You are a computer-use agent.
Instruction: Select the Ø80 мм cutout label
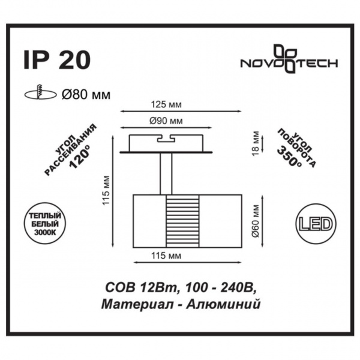click(x=86, y=93)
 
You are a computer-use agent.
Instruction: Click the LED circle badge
click(x=314, y=224)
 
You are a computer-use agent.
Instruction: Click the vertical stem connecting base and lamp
click(x=166, y=174)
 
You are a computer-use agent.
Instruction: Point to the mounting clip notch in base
click(x=166, y=139)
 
